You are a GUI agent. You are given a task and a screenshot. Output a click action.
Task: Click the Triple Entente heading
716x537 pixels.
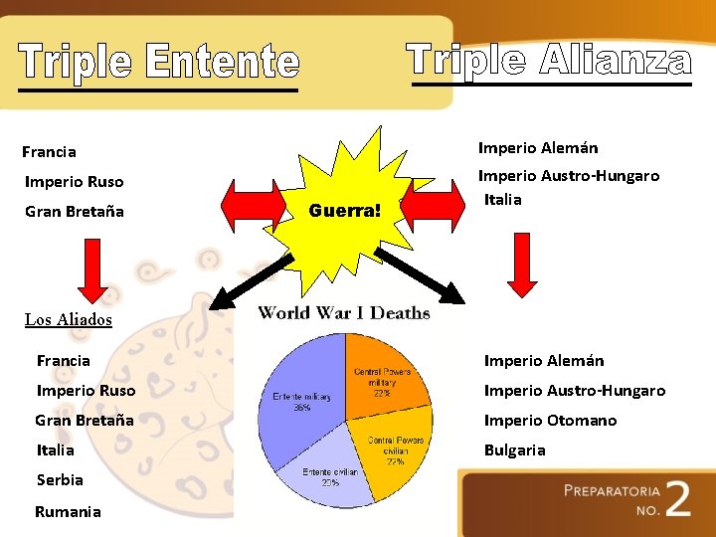click(x=159, y=62)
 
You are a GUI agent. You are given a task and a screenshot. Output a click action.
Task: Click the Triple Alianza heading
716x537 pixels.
click(x=550, y=60)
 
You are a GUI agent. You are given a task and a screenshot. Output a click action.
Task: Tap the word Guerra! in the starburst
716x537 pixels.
click(x=345, y=211)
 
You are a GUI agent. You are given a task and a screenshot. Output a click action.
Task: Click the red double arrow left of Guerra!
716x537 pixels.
click(x=255, y=205)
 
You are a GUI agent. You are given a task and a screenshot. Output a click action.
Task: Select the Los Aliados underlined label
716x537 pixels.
click(x=69, y=319)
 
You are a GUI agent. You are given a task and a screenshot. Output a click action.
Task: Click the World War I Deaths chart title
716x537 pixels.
click(x=344, y=313)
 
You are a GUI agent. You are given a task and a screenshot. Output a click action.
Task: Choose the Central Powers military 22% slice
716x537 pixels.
click(x=383, y=373)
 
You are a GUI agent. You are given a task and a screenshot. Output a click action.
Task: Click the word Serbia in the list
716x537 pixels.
click(x=60, y=480)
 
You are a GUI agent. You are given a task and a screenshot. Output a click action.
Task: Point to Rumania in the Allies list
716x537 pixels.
click(x=68, y=512)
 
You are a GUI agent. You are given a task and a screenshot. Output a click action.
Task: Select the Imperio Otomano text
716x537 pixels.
click(x=550, y=421)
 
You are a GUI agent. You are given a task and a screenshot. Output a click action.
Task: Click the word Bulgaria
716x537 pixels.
click(x=514, y=450)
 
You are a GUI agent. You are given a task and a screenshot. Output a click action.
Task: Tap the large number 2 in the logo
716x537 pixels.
click(x=677, y=500)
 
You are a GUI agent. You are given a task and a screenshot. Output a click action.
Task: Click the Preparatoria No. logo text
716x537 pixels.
click(x=612, y=498)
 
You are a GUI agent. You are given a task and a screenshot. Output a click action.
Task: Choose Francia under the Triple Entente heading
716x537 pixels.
click(x=49, y=152)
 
